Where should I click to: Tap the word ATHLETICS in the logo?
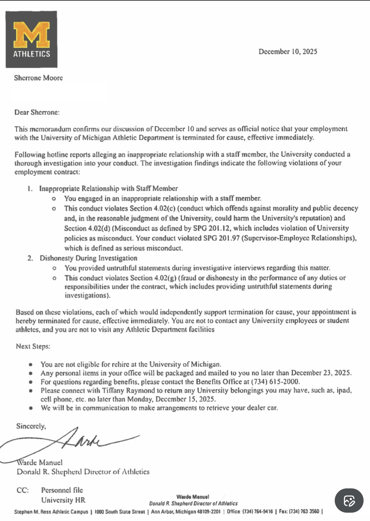point(31,54)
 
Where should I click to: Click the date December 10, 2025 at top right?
point(288,52)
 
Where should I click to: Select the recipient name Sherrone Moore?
point(38,78)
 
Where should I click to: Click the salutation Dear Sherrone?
point(37,112)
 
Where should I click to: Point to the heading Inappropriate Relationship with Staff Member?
point(108,188)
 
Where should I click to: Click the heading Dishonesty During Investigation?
point(88,258)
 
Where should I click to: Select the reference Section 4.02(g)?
point(153,278)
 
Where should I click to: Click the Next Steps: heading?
point(33,346)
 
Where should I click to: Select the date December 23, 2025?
point(321,373)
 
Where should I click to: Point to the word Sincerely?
point(31,426)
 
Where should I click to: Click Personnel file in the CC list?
point(62,490)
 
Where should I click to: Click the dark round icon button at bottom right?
point(349,501)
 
